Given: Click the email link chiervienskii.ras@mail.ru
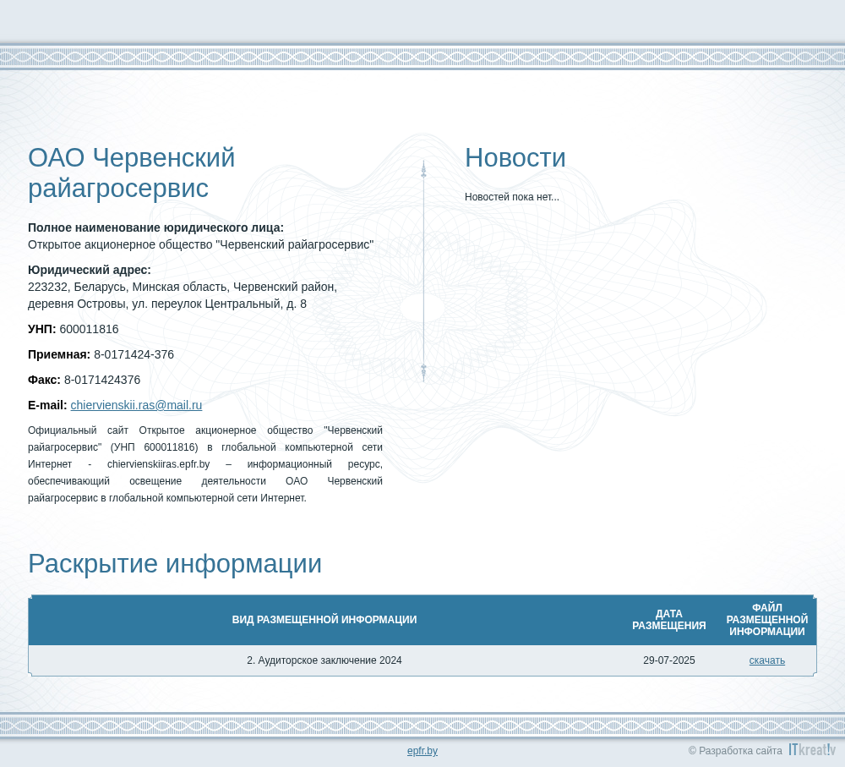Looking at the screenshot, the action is point(136,405).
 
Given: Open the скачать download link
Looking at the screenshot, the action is point(767,660).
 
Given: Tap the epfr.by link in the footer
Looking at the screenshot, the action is point(422,751).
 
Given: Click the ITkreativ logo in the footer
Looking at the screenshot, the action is point(812,749).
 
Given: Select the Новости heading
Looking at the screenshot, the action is point(515,158).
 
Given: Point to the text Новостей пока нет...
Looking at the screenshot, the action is point(512,197).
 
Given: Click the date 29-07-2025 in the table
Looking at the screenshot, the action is point(668,660).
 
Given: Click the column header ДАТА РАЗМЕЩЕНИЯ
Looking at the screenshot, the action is point(668,620).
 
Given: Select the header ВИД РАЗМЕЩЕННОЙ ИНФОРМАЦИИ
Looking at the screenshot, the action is point(324,620).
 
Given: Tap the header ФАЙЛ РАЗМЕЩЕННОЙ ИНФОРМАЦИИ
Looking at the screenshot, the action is point(767,620).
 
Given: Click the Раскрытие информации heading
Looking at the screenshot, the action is point(175,564).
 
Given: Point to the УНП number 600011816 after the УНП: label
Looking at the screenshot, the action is point(89,329).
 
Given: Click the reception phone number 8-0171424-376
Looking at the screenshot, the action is point(134,354).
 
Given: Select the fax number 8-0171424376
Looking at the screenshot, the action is point(102,380).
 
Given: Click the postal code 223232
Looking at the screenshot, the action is point(47,287).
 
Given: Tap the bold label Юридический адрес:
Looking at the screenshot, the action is point(90,270).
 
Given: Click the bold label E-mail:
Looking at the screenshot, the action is point(47,405).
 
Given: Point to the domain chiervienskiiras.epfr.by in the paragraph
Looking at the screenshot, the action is point(159,464).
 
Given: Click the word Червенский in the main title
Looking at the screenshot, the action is point(164,158).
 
